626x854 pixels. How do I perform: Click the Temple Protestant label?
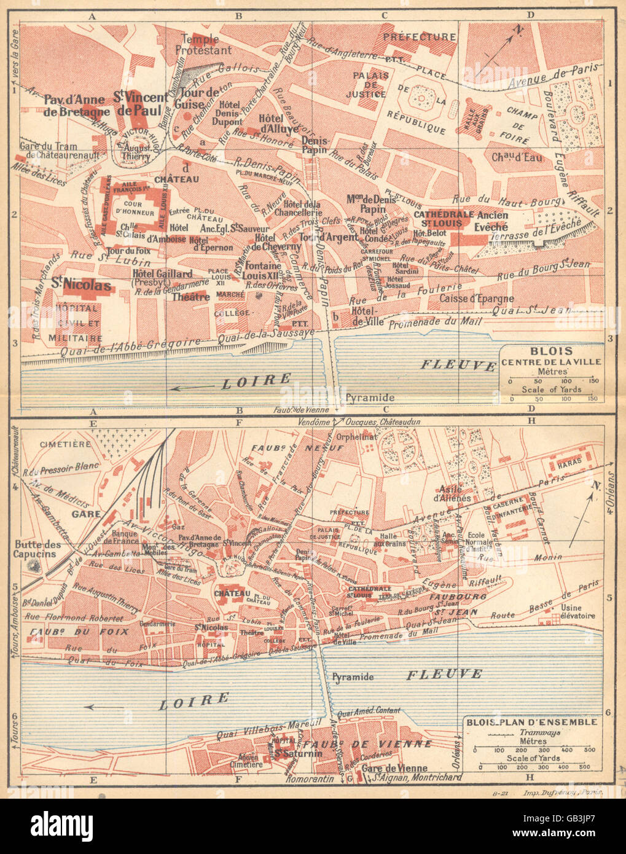click(x=203, y=44)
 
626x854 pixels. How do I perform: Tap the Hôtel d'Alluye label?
click(x=278, y=123)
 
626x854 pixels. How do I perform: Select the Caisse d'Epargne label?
click(x=477, y=299)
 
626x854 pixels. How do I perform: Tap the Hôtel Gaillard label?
click(x=163, y=278)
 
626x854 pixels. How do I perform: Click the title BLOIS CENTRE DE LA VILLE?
click(x=551, y=356)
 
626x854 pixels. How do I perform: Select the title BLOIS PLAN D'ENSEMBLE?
click(x=531, y=722)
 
